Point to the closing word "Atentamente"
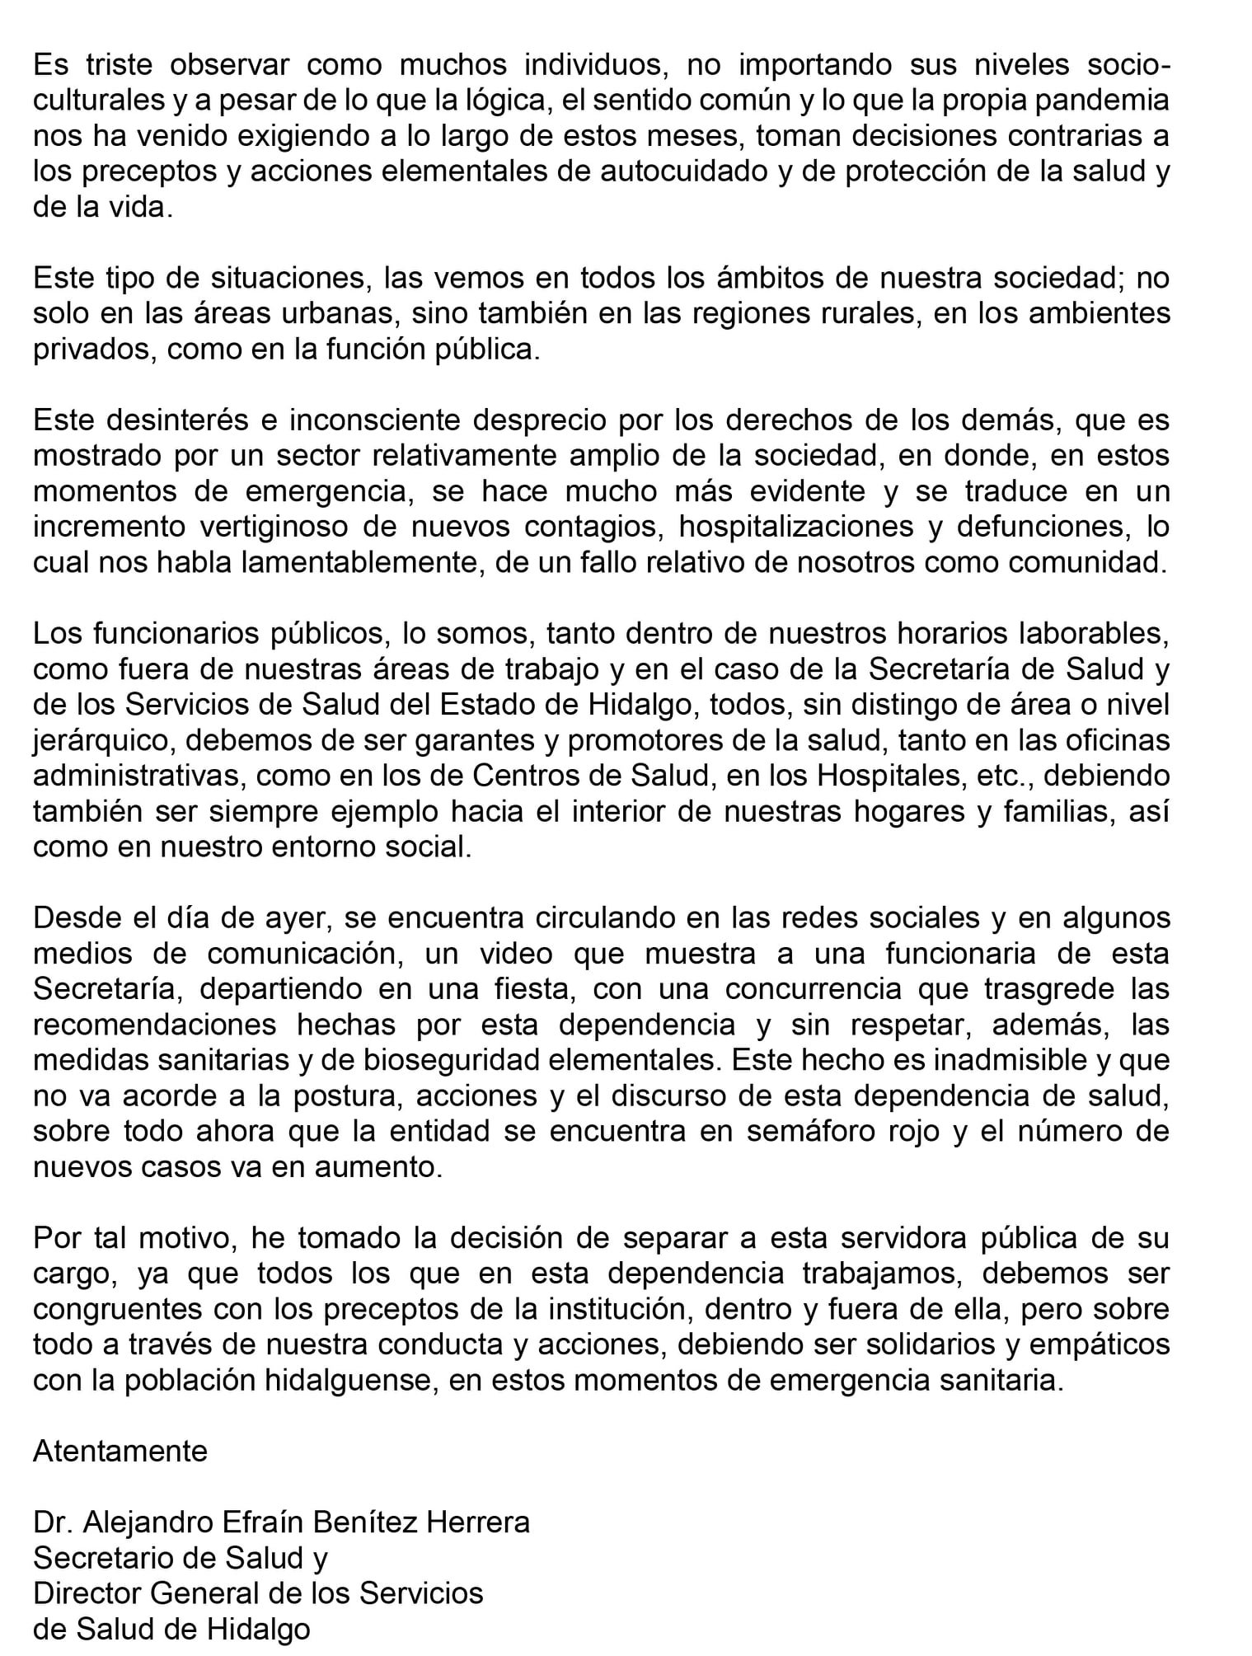[120, 1451]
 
